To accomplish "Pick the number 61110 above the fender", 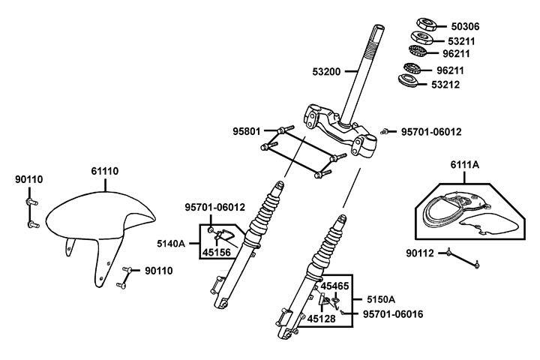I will (x=105, y=172).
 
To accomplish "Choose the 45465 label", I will (x=335, y=286).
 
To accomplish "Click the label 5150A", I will (x=380, y=299).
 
